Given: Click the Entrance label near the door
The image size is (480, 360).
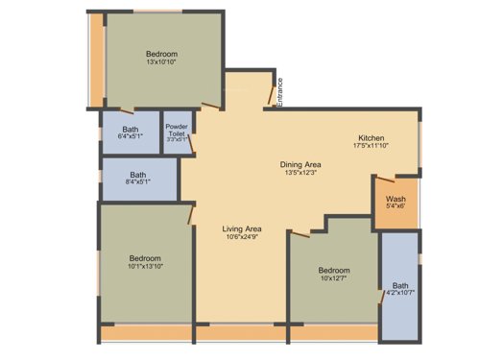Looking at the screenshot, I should click(x=279, y=90).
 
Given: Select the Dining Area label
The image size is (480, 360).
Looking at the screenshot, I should click(x=300, y=164).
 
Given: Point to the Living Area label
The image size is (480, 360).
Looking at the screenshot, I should click(x=242, y=228).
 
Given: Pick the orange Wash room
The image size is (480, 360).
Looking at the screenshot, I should click(x=395, y=198).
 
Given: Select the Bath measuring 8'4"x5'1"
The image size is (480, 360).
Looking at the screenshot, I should click(x=139, y=180).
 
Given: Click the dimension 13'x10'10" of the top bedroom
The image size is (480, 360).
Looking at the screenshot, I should click(x=162, y=63).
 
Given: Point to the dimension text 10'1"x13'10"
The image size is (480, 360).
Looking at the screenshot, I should click(x=146, y=266).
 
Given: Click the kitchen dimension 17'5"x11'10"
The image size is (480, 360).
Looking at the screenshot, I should click(x=372, y=146).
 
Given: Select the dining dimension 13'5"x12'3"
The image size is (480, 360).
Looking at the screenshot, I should click(x=300, y=174).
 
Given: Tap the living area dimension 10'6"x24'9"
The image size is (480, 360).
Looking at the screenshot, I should click(x=242, y=238).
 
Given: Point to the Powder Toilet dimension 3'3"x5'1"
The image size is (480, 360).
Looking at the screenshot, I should click(x=177, y=140).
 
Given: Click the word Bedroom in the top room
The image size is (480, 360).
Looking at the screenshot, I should click(x=162, y=54).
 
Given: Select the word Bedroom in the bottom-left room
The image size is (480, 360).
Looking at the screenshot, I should click(x=146, y=256).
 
